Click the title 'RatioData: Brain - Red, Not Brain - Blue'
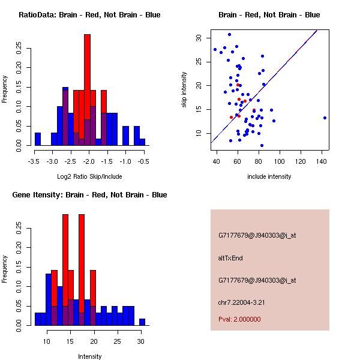89,15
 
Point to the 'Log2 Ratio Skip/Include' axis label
89,177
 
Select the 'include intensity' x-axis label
269,177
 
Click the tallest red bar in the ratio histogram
87,78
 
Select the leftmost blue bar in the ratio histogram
38,139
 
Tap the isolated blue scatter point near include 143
325,118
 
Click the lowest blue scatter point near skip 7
262,145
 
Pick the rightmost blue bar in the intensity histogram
142,322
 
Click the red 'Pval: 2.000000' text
239,320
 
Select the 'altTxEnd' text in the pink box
230,258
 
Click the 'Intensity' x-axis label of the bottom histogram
89,357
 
